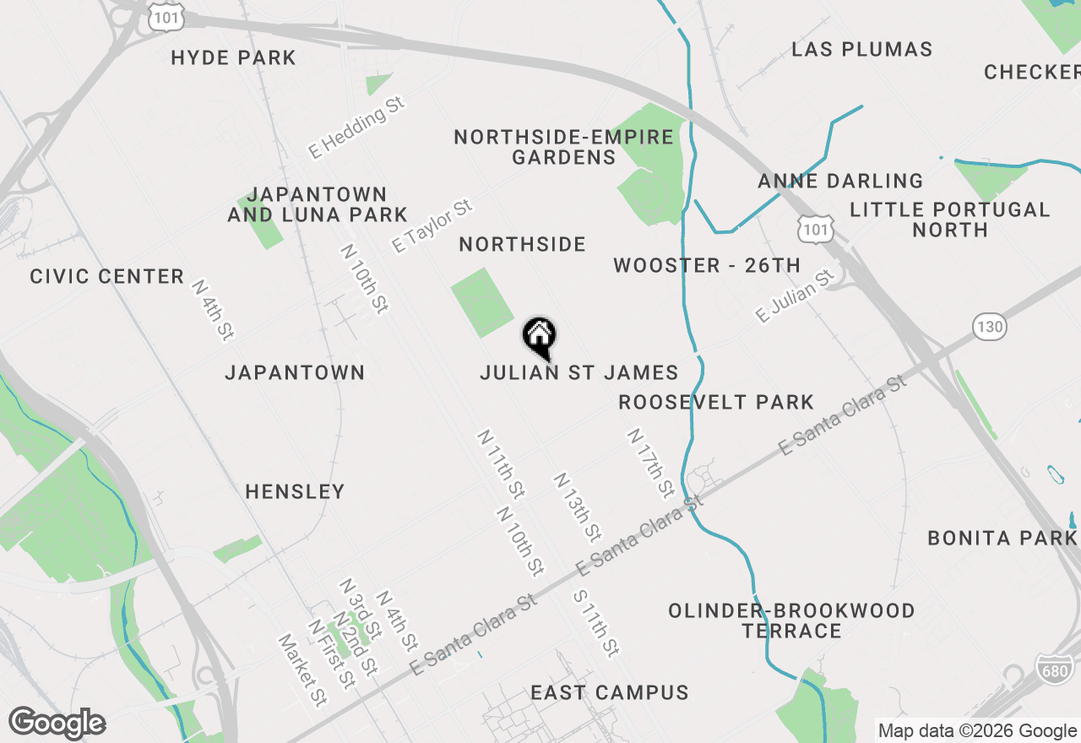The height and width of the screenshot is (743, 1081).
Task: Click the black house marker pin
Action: tap(539, 338)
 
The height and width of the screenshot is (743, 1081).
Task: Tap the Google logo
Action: tap(57, 723)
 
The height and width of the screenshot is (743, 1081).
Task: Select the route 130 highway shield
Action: tap(989, 327)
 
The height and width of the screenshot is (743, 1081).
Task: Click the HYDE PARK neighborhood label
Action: tap(233, 57)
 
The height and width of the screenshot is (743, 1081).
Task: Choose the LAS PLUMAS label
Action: tap(861, 49)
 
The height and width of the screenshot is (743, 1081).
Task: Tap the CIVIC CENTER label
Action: tap(106, 276)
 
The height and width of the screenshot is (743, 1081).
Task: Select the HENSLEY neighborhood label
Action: tap(295, 491)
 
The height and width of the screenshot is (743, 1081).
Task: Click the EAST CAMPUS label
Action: tap(610, 693)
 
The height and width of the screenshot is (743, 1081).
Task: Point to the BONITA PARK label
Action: tap(1002, 538)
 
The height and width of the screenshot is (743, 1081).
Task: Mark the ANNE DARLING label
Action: tap(840, 181)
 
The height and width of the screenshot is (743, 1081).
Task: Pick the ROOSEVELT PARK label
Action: tap(716, 402)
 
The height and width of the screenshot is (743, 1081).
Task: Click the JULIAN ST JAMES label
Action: tap(579, 372)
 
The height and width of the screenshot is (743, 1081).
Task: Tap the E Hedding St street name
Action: tap(357, 127)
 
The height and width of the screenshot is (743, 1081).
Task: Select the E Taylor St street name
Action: tap(432, 226)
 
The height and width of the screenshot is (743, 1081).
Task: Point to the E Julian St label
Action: tap(795, 296)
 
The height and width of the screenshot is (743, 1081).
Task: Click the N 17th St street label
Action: tap(649, 464)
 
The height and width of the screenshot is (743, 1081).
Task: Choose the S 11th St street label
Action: tap(596, 623)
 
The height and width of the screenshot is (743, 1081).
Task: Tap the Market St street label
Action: tap(301, 670)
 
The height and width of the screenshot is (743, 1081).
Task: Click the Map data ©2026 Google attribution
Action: tap(978, 731)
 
